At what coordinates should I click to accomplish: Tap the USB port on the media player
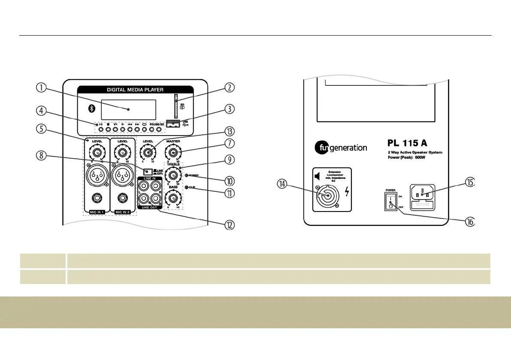point(172,124)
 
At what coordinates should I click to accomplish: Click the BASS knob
point(173,198)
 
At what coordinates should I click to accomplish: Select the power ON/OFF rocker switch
point(390,200)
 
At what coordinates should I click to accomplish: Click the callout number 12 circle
point(230,225)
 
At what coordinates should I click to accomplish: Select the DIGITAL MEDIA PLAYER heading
point(135,90)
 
